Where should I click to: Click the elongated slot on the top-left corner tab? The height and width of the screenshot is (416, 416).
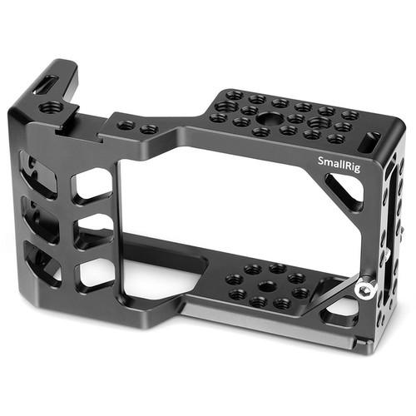[x=47, y=84]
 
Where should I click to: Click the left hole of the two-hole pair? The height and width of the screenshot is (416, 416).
[x=126, y=126]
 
